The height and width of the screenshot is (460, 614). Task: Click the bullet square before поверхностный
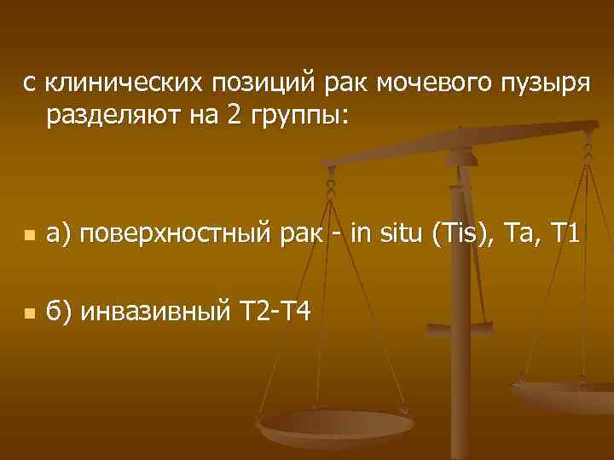[x=30, y=235]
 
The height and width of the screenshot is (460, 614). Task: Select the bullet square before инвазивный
[x=30, y=314]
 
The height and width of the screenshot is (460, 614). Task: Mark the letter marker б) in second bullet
[x=60, y=313]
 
